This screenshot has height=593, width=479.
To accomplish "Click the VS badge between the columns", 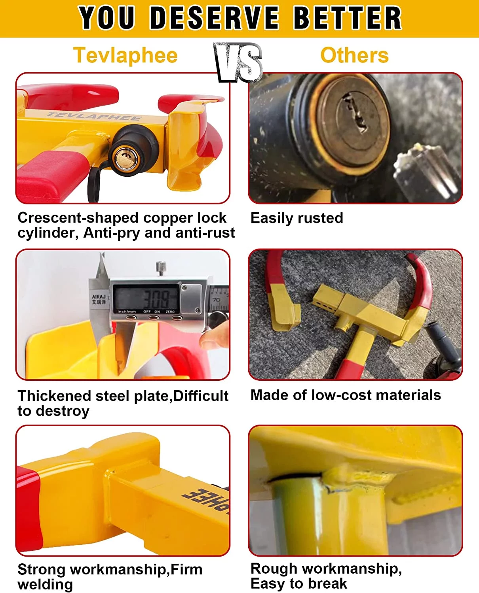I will point(239,62).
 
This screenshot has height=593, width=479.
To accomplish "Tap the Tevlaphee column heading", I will point(125,55).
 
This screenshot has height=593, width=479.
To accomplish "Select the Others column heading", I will point(354,55).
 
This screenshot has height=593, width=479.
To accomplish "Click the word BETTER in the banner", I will point(347,18).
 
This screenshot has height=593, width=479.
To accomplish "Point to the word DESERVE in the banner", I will point(215,18).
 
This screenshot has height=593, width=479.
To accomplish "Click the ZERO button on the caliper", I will point(170,317).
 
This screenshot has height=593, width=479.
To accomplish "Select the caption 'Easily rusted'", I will point(297,218).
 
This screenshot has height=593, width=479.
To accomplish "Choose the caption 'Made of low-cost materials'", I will point(346,395).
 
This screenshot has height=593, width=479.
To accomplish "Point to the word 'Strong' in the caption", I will point(42,569).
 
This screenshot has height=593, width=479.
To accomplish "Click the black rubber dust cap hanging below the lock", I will point(95,182).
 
